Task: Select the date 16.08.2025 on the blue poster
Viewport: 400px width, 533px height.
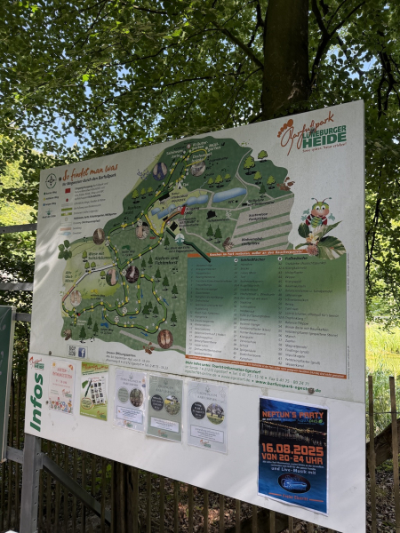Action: coord(292,449)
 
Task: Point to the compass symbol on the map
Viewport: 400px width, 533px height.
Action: coord(51,179)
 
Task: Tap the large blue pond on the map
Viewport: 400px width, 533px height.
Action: coord(229,195)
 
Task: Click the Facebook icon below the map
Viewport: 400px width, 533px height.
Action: coord(81,352)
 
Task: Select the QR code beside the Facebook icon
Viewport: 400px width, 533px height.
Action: coord(71,350)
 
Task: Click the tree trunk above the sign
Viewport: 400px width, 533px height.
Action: coord(284,53)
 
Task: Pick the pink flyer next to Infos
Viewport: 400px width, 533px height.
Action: coord(61,387)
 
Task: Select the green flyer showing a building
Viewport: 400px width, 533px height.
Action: coord(94,391)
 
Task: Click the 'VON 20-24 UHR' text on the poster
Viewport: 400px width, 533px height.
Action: coord(292,462)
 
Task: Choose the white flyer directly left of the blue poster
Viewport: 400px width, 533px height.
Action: coord(207,414)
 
